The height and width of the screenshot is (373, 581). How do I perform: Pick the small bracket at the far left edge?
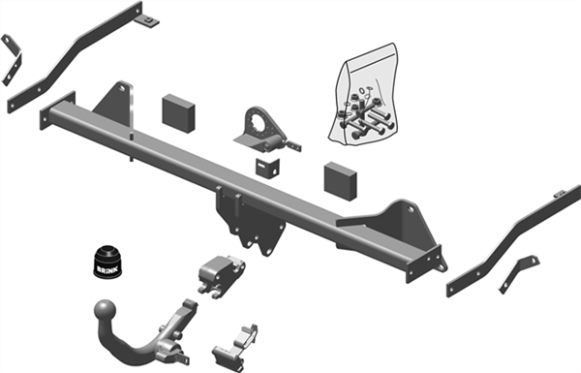pos(12,57)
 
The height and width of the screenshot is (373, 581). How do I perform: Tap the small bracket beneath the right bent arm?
pos(519,271)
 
